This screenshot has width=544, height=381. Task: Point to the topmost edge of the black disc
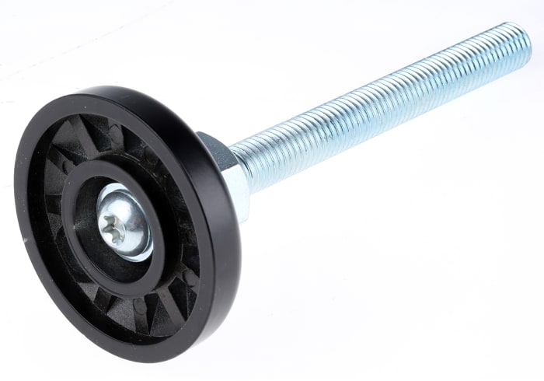pyautogui.click(x=117, y=88)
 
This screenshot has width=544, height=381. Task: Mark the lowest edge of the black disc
pyautogui.click(x=148, y=360)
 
